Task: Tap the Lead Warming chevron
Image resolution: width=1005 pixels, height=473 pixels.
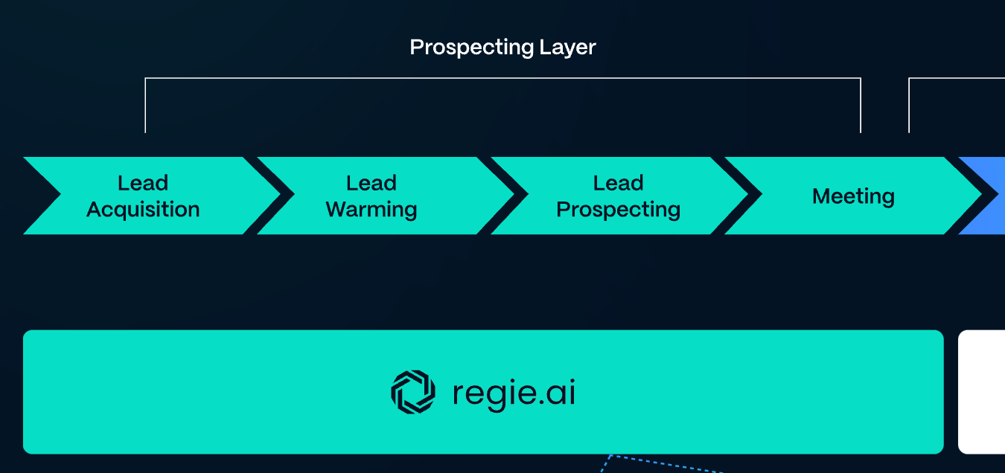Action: coord(372,196)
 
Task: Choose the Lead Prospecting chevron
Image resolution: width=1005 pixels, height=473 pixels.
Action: coord(618,196)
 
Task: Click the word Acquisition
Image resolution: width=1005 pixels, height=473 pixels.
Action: coord(143,210)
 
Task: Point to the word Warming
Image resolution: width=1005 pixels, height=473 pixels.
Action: coord(371,210)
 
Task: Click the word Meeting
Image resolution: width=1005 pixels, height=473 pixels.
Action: coord(853,196)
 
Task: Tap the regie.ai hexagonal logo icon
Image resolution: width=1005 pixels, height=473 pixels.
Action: coord(412,392)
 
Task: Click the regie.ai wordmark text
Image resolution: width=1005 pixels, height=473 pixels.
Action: coord(514,393)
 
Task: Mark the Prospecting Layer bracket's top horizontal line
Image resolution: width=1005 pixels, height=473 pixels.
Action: coord(502,78)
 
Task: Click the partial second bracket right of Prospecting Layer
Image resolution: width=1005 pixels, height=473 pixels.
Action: coord(910,104)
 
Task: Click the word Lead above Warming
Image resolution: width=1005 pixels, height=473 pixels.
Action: coord(371,183)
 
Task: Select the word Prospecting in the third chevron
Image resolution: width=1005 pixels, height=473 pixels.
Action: coord(618,210)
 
